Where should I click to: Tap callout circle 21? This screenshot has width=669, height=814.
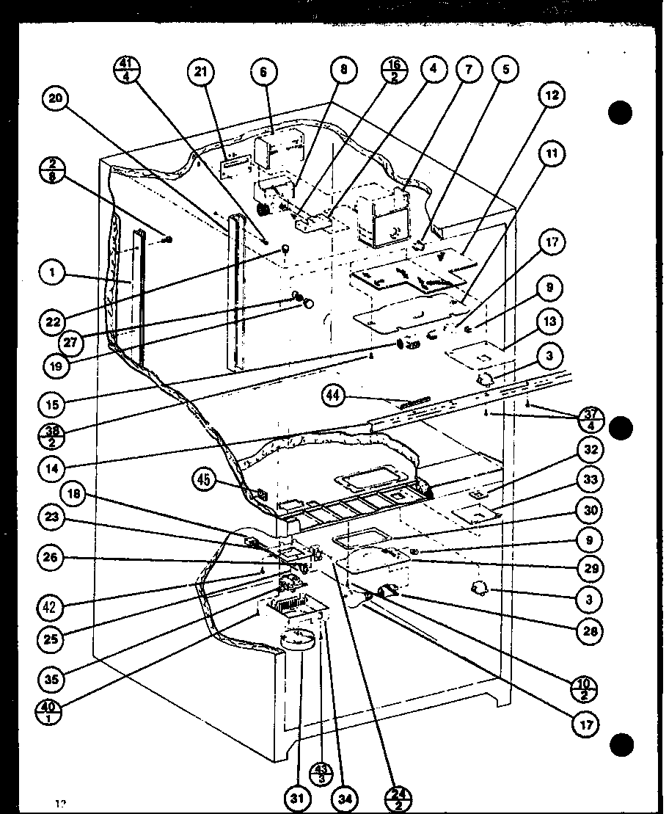pos(200,72)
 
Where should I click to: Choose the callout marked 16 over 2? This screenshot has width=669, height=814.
pos(394,71)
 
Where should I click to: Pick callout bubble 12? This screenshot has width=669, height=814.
pos(553,95)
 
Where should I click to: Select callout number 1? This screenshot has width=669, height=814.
pos(53,275)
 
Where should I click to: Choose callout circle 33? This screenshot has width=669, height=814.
pos(591,481)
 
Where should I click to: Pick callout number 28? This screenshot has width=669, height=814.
pos(591,629)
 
